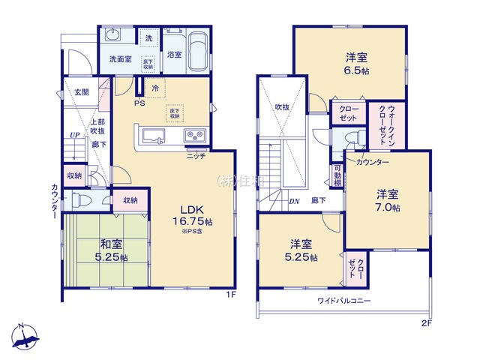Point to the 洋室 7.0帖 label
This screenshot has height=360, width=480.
coord(388,199)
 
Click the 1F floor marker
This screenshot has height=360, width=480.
coord(232,294)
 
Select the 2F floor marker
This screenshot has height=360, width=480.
coord(426,323)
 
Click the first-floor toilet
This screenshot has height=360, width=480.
coord(83,199)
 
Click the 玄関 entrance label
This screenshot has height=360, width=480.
coord(81,92)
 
